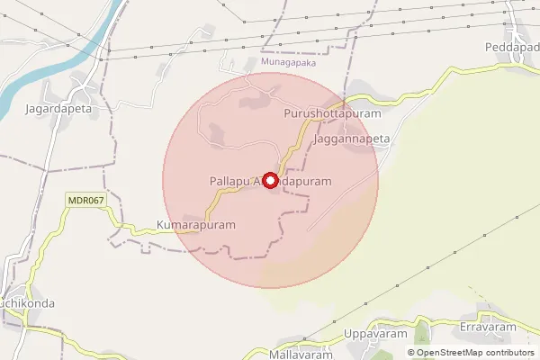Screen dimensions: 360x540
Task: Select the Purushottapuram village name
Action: [332, 115]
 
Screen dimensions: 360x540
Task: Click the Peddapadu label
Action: [512, 46]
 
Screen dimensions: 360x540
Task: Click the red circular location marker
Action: [268, 180]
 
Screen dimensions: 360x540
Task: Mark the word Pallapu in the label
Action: [229, 181]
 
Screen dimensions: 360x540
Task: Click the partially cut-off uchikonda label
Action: [27, 303]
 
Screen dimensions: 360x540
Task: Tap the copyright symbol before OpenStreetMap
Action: [411, 353]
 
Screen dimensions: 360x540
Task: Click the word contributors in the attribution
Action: [508, 353]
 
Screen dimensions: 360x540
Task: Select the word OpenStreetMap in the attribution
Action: [448, 353]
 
